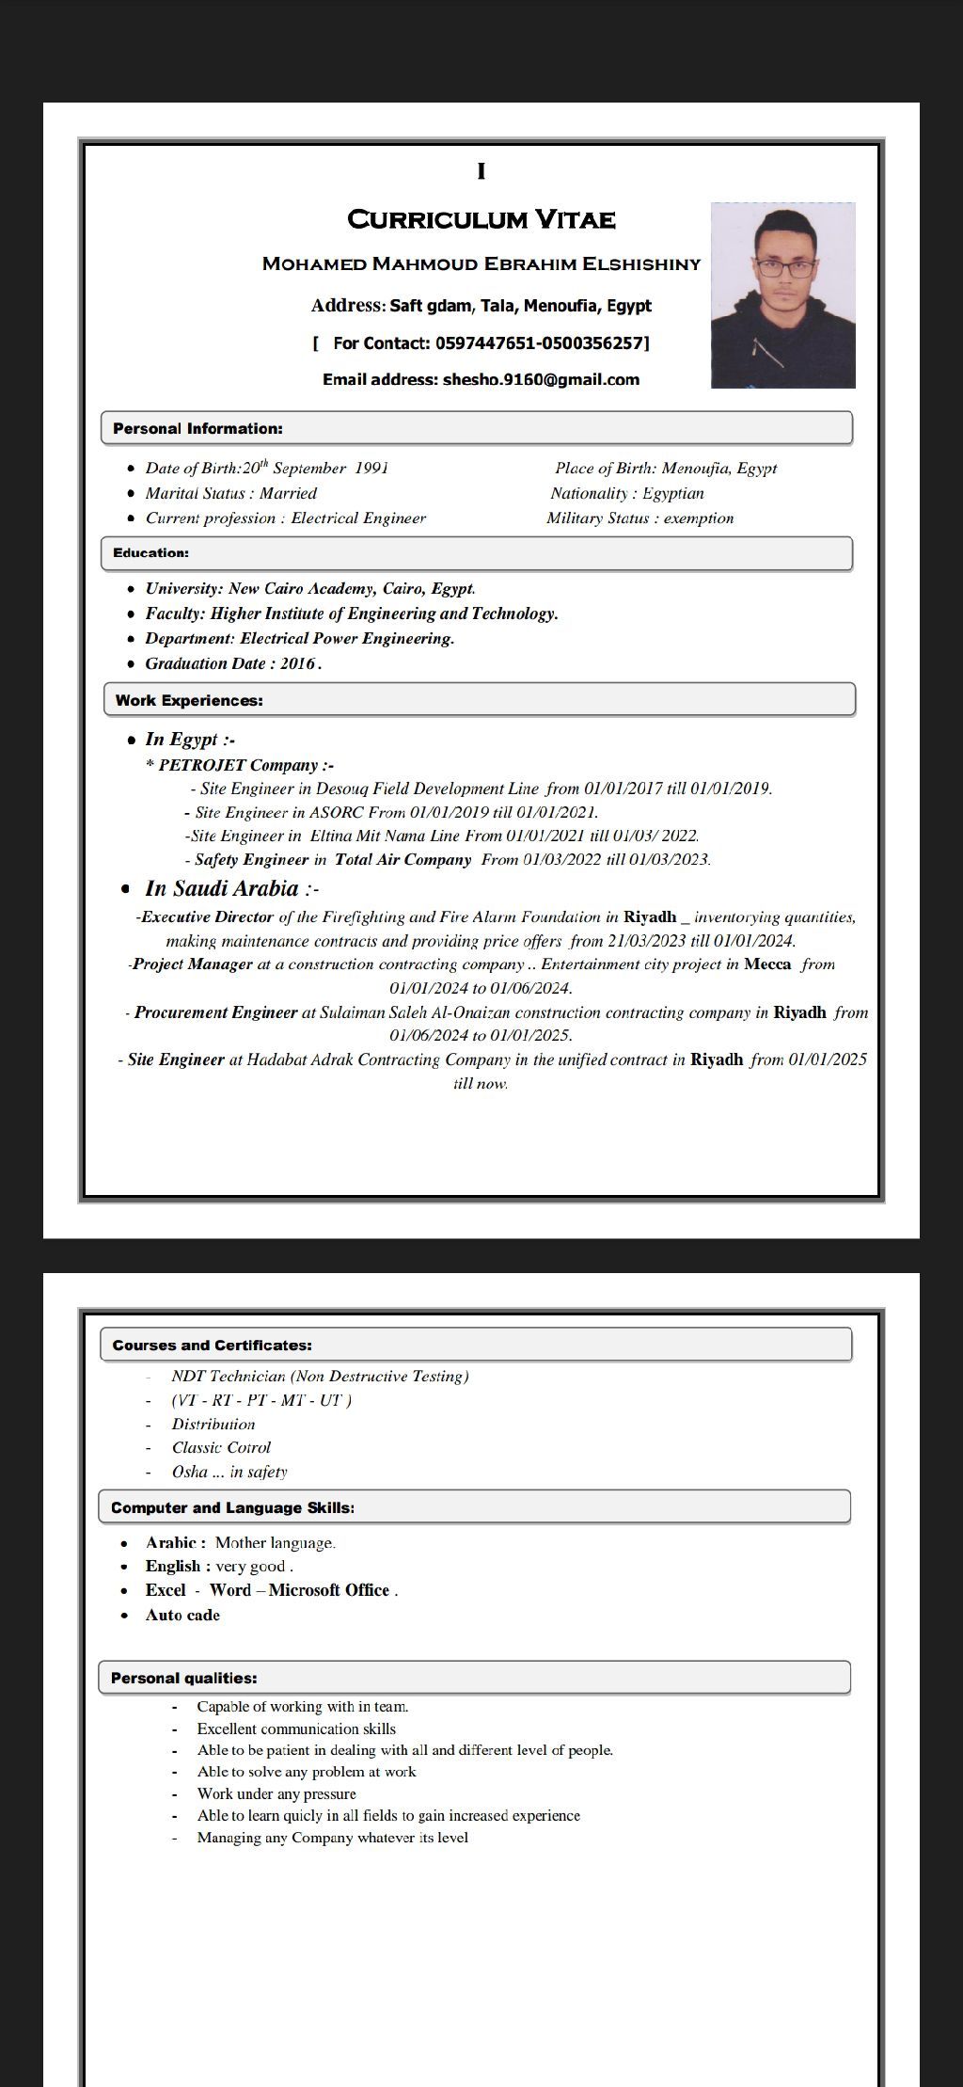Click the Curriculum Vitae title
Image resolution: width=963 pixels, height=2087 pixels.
[x=481, y=220]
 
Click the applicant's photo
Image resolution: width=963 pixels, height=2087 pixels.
[x=782, y=295]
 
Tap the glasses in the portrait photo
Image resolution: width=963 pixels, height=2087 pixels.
[x=784, y=268]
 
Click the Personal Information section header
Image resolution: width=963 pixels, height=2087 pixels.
[x=197, y=429]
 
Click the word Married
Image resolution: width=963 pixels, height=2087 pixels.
[x=289, y=494]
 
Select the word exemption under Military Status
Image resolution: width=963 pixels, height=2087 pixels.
[x=699, y=518]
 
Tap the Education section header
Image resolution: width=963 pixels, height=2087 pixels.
[x=150, y=553]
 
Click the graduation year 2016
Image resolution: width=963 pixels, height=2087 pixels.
[x=297, y=663]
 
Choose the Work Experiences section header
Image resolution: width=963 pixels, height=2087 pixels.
[x=189, y=701]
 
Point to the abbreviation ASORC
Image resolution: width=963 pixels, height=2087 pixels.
[x=336, y=813]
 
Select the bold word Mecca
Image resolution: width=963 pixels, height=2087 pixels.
[x=767, y=964]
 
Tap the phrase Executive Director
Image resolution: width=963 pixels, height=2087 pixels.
[x=207, y=917]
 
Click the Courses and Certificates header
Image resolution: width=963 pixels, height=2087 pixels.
[x=212, y=1346]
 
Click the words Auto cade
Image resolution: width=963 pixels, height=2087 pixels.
[x=182, y=1616]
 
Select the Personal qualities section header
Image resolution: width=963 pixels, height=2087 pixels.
[x=183, y=1679]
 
